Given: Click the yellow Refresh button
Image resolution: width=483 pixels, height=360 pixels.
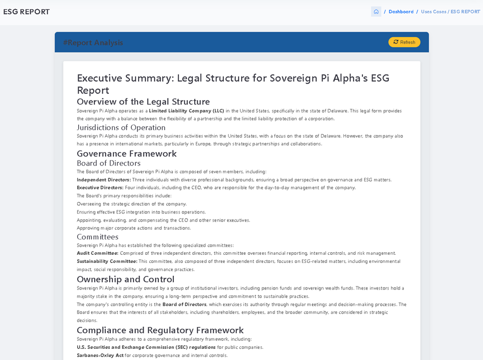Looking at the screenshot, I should (x=404, y=42).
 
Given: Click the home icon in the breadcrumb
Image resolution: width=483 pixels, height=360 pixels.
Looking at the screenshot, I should (x=376, y=12).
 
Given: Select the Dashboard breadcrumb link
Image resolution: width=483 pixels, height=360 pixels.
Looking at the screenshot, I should (x=401, y=12).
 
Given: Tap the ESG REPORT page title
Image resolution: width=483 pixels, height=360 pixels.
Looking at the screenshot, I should (x=27, y=12).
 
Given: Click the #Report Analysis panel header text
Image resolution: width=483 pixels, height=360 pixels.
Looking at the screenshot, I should (x=93, y=42).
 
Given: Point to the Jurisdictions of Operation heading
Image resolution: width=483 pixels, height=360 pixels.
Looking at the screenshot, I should (x=121, y=127).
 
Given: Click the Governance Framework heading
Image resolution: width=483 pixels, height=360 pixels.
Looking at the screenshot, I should (x=127, y=153).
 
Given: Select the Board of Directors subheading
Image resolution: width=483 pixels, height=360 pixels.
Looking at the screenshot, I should (x=108, y=163).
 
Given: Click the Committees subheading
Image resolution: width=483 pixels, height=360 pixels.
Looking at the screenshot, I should (x=98, y=236).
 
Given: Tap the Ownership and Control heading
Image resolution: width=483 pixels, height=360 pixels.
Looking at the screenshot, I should (x=125, y=279).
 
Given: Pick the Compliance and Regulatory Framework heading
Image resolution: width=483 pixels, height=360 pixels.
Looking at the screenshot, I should (x=160, y=330).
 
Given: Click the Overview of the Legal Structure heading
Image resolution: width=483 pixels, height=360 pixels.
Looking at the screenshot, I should (x=143, y=101).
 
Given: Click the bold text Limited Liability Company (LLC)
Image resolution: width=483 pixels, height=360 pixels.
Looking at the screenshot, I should (x=187, y=111).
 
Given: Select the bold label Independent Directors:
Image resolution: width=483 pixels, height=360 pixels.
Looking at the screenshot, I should (x=104, y=180).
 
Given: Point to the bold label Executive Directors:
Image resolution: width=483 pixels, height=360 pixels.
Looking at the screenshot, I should (x=100, y=187).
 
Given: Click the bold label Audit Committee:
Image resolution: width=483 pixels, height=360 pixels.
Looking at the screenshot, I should (x=98, y=253).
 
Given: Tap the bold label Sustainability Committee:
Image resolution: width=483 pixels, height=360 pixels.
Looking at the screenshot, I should (x=107, y=261).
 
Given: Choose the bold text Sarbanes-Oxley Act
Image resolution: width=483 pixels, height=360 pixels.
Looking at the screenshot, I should (x=100, y=355).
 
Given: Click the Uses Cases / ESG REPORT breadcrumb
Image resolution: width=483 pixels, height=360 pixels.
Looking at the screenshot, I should (x=450, y=12).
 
